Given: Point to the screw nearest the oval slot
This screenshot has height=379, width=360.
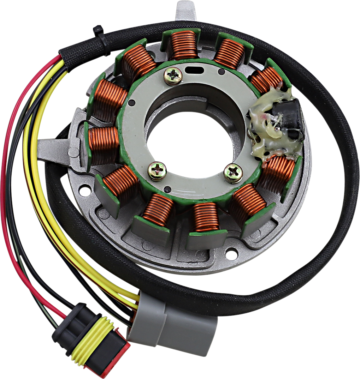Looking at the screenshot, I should click(173, 76).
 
